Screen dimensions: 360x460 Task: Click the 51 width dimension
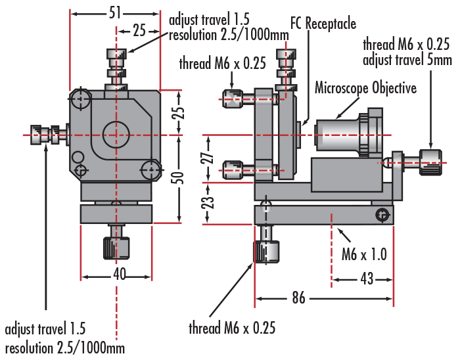click(114, 11)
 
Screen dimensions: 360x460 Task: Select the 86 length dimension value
click(298, 298)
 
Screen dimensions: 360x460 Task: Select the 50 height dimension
click(179, 177)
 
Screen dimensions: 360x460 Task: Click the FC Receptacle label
click(323, 24)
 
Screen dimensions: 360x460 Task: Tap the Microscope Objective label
click(365, 87)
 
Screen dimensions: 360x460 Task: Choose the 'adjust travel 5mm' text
click(407, 60)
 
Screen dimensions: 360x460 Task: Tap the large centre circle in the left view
click(117, 133)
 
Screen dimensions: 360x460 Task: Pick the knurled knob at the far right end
click(431, 162)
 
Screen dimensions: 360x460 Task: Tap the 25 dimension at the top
click(139, 30)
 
